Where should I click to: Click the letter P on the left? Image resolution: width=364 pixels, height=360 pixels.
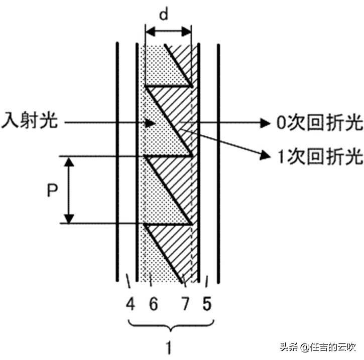50,191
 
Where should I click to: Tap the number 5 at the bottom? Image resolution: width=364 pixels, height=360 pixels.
206,304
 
